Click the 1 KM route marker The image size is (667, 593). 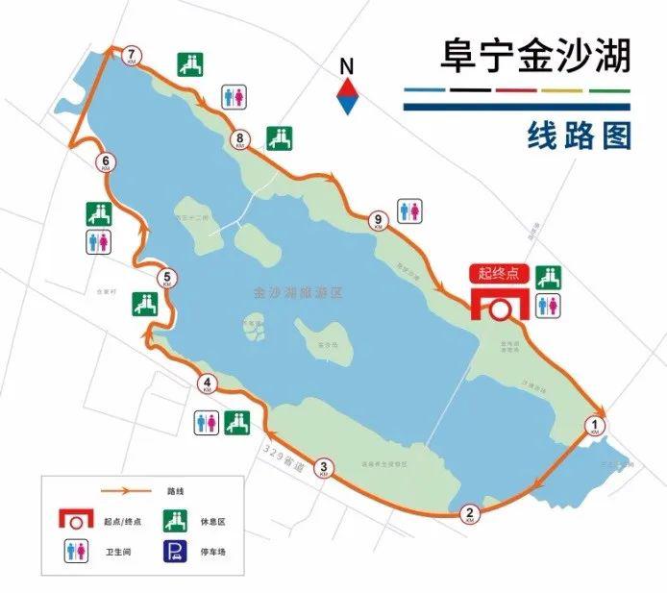click(x=596, y=424)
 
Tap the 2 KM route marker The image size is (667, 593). click(x=470, y=512)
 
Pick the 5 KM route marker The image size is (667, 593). click(x=168, y=279)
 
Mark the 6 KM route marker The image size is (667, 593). click(x=105, y=162)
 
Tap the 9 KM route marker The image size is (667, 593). click(x=378, y=220)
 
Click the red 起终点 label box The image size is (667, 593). click(x=499, y=273)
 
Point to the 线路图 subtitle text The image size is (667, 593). click(x=579, y=136)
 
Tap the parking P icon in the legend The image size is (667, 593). click(x=175, y=551)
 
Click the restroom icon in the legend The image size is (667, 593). click(x=75, y=551)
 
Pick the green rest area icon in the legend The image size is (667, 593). click(x=175, y=520)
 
